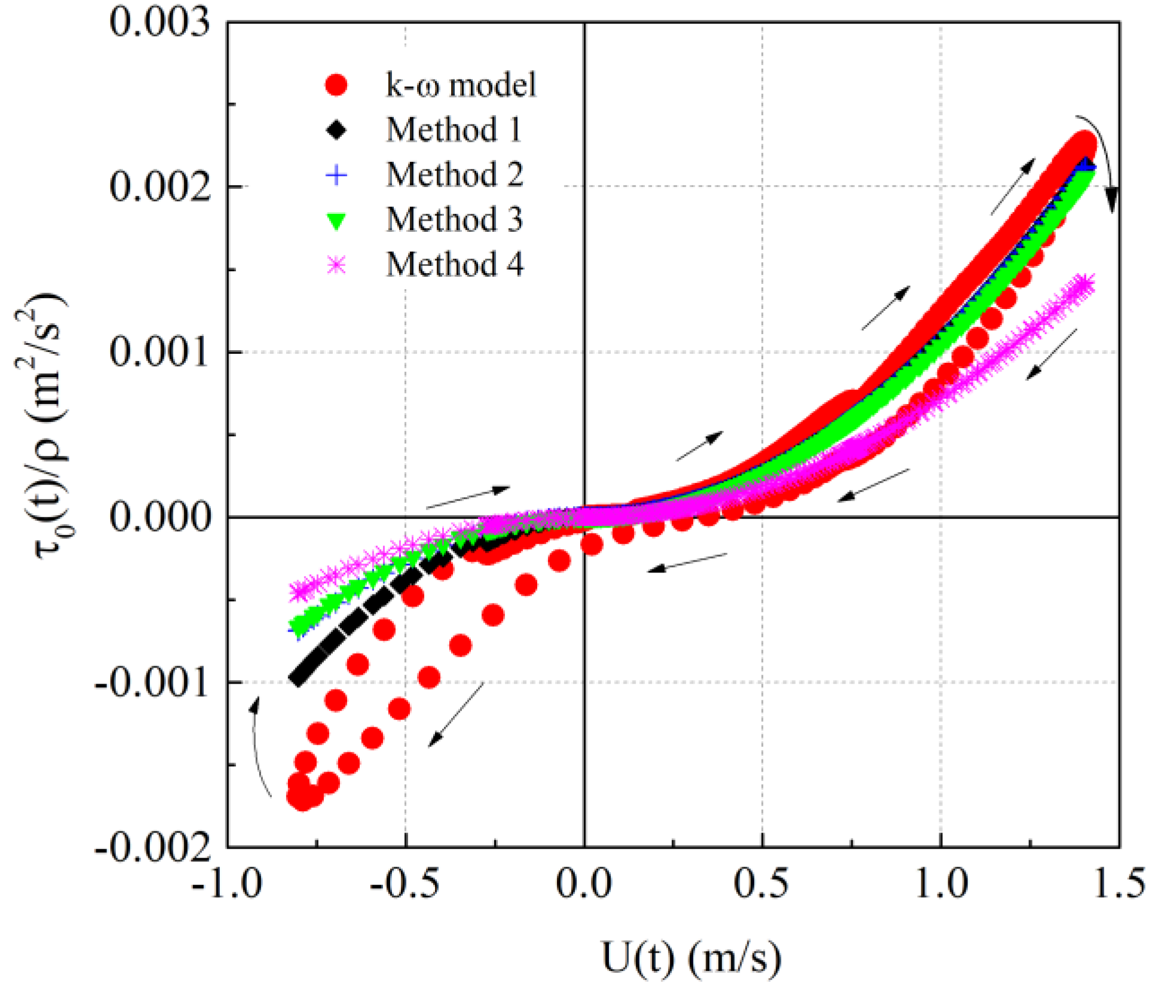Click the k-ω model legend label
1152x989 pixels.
461,85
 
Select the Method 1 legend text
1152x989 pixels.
454,130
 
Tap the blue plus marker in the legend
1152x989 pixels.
337,175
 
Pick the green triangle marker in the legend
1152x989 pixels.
337,221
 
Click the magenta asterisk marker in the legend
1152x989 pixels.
337,265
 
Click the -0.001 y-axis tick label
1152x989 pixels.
152,682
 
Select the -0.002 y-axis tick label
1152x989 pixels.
152,846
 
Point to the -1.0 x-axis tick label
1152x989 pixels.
227,883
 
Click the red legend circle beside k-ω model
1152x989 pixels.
337,85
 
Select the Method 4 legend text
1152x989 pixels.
454,265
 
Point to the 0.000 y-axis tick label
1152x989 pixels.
160,517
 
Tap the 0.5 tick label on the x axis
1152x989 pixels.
761,883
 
